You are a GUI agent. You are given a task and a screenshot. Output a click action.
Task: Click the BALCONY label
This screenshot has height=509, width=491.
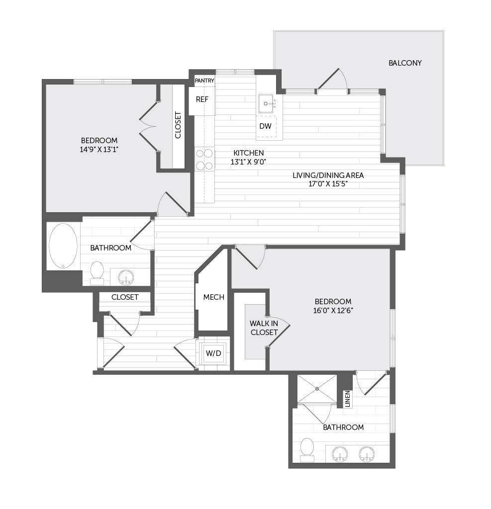click(405, 63)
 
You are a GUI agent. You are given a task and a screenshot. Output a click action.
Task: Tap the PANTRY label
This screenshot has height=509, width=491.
click(204, 81)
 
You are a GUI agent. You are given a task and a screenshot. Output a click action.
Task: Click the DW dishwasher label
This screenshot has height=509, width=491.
click(265, 126)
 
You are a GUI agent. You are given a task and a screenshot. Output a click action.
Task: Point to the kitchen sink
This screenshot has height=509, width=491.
click(266, 103)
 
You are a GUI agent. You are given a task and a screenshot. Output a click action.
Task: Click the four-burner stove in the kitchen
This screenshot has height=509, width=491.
click(204, 160)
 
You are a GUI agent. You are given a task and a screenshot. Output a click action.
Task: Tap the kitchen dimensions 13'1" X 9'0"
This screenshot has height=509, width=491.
click(249, 162)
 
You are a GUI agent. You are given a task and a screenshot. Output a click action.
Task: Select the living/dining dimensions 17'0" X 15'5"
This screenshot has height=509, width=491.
click(328, 184)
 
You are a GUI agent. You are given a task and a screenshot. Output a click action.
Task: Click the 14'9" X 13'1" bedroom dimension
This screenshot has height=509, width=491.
click(99, 150)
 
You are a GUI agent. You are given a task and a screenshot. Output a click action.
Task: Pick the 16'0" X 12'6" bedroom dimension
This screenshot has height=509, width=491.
click(333, 310)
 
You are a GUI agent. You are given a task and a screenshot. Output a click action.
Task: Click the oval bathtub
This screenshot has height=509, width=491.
click(63, 246)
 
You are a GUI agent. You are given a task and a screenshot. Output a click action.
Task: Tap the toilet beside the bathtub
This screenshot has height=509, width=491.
click(97, 273)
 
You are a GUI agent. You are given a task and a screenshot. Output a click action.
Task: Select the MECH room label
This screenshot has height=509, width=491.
click(213, 297)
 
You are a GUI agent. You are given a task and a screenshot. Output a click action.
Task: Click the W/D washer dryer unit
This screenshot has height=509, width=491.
click(213, 353)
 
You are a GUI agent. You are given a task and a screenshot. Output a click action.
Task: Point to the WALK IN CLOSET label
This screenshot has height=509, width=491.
click(264, 328)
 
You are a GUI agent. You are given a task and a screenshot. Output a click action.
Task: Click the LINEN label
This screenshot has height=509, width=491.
click(348, 399)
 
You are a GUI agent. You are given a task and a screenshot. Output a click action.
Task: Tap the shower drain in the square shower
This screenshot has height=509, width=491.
click(317, 389)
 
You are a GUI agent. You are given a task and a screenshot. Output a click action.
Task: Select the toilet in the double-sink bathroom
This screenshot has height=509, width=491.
click(307, 449)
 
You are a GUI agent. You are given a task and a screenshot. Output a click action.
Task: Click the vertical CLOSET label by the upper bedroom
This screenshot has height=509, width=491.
click(178, 125)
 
